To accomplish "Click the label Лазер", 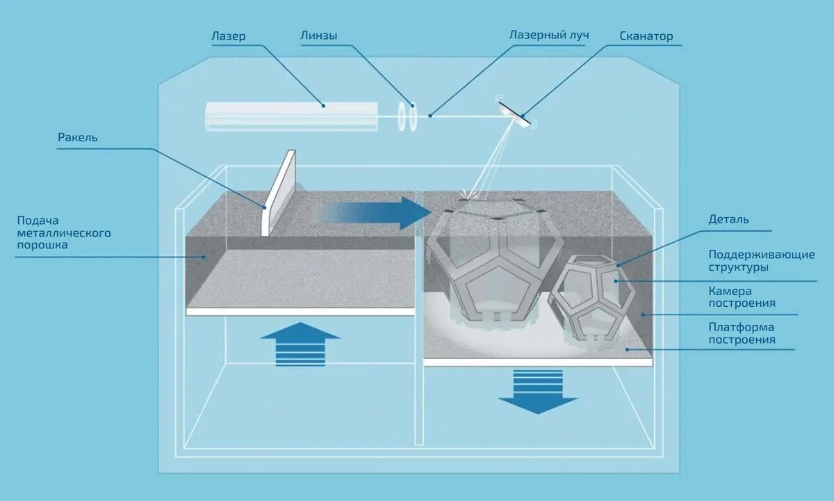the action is click(228, 36).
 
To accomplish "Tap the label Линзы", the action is click(319, 35).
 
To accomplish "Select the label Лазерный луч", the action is click(549, 35).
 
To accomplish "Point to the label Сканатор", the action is click(646, 36).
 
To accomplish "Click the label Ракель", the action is click(77, 138).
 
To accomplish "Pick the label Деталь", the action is click(728, 219).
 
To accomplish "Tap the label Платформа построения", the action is click(742, 333).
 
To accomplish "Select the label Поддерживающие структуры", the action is click(762, 260).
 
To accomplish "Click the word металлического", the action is click(64, 233).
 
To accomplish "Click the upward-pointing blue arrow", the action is click(300, 344).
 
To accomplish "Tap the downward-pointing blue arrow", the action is click(538, 392).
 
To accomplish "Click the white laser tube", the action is click(291, 116).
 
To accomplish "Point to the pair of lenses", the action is click(407, 117).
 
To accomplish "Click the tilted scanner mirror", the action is click(515, 113).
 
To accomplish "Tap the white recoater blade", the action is click(278, 193).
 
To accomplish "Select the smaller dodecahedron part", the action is click(593, 298).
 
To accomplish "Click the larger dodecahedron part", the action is click(495, 260).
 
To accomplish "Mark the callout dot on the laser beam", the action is click(430, 116).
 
